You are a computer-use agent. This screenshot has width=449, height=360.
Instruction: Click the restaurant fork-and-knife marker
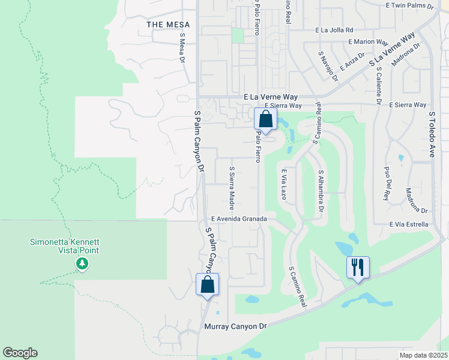[x=358, y=267]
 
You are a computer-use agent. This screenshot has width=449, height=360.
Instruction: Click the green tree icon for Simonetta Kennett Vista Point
[x=82, y=263]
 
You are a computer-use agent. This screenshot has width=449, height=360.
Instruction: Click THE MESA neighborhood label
[x=168, y=25]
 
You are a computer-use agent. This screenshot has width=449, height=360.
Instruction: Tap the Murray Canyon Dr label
[x=235, y=326]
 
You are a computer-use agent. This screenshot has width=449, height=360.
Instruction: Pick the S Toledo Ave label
[x=431, y=134]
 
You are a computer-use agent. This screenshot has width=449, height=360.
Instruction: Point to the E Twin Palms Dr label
[x=409, y=5]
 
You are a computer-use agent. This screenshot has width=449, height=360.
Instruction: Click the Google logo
[x=20, y=353]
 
